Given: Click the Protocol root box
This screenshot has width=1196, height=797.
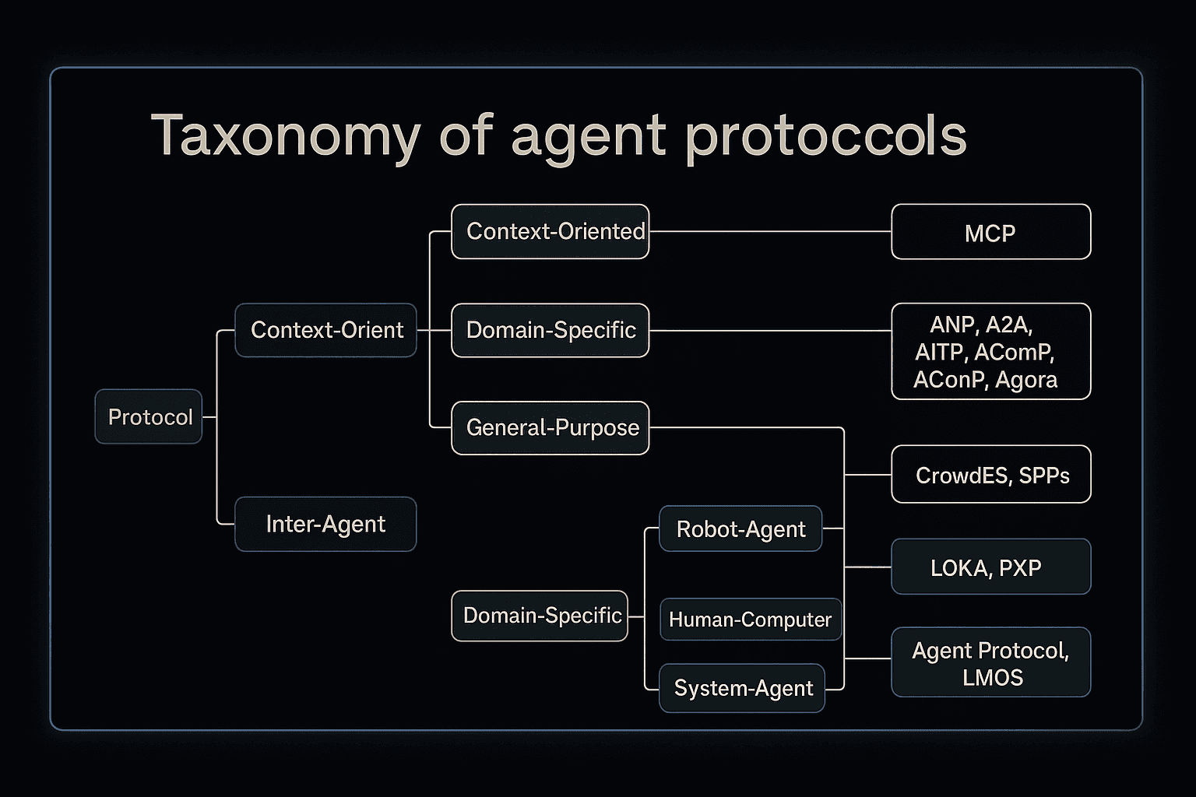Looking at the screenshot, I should click(149, 416).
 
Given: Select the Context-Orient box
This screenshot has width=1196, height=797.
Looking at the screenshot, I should click(325, 330).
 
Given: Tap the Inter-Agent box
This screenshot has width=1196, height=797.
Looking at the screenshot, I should click(325, 524).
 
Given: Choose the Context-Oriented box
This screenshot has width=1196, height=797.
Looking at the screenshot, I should click(550, 231).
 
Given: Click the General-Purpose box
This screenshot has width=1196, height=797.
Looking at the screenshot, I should click(550, 427).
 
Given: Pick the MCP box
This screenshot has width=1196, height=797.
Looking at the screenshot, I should click(990, 232).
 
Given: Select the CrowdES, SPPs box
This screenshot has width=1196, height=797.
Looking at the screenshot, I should click(990, 474).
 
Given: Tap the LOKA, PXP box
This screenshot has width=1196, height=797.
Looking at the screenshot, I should click(990, 567).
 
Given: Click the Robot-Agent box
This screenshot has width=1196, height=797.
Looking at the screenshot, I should click(740, 528).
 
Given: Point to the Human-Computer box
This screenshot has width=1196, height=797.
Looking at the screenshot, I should click(750, 619).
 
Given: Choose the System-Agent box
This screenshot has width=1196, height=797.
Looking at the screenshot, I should click(742, 688).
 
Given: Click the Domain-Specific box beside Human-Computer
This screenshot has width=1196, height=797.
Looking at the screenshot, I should click(540, 616).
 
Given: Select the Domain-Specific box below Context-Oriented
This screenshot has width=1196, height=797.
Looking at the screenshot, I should click(550, 330).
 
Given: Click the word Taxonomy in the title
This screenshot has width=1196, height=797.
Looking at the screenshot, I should click(285, 136).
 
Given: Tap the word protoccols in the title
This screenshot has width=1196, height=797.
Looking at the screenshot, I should click(825, 136).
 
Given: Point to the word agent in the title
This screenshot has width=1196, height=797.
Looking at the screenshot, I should click(588, 136).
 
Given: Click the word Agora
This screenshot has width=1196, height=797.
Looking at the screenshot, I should click(1026, 380).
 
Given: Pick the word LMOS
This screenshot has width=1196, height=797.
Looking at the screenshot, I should click(992, 677).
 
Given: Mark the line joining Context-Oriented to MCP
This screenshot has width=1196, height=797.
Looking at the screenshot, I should click(769, 231).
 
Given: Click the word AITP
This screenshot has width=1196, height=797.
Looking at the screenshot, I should click(940, 353).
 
